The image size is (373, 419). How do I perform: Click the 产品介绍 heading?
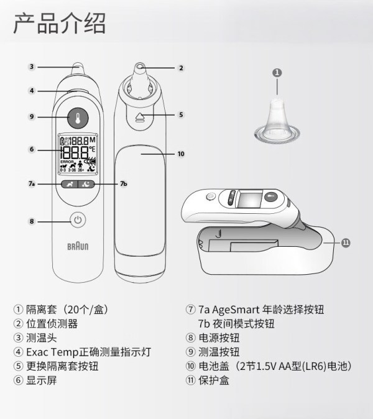[x=60, y=24]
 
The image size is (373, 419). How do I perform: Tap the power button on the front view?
[x=78, y=220]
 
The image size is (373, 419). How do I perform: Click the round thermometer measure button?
[x=78, y=118]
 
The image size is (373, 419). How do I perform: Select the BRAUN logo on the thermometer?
[x=78, y=246]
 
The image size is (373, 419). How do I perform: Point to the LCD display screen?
[x=78, y=154]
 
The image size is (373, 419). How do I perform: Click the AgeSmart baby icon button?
[x=70, y=184]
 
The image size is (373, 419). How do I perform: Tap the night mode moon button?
[x=86, y=184]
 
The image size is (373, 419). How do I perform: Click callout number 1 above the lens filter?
[x=277, y=72]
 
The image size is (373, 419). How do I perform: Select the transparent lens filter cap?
[x=277, y=121]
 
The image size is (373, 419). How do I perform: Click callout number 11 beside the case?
[x=346, y=242]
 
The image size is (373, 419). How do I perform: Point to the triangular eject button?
[x=139, y=117]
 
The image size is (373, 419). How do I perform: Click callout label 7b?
[x=124, y=183]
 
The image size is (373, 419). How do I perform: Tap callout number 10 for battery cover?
[x=181, y=154]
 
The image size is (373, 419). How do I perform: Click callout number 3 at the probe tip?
[x=32, y=67]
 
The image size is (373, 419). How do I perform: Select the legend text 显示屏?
[x=42, y=380]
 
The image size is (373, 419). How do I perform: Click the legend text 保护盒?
[x=214, y=380]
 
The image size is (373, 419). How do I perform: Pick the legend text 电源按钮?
[x=219, y=338]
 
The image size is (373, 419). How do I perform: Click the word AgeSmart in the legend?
[x=236, y=310]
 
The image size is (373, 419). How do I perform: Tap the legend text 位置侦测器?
[x=52, y=324]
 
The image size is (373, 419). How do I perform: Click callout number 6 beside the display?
[x=32, y=149]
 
